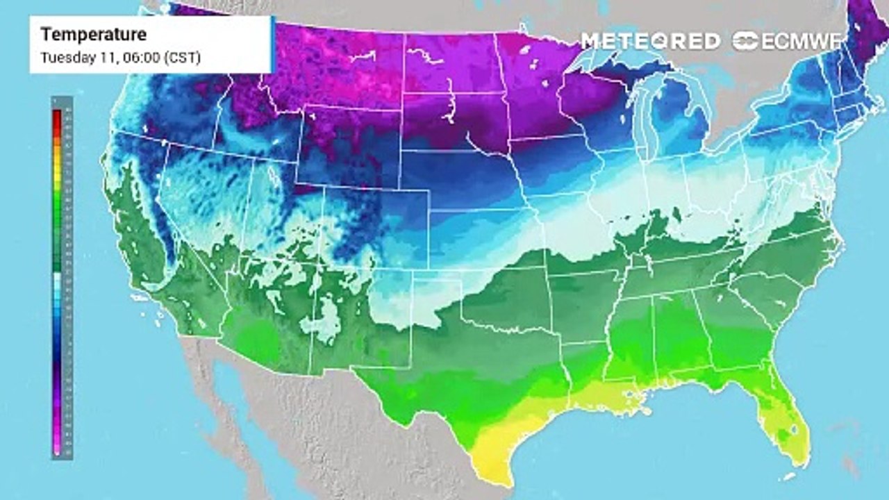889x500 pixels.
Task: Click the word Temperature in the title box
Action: (94, 34)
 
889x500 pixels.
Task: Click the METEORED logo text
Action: (650, 42)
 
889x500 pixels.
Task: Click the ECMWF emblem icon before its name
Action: (746, 42)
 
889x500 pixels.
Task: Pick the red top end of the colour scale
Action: (56, 115)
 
